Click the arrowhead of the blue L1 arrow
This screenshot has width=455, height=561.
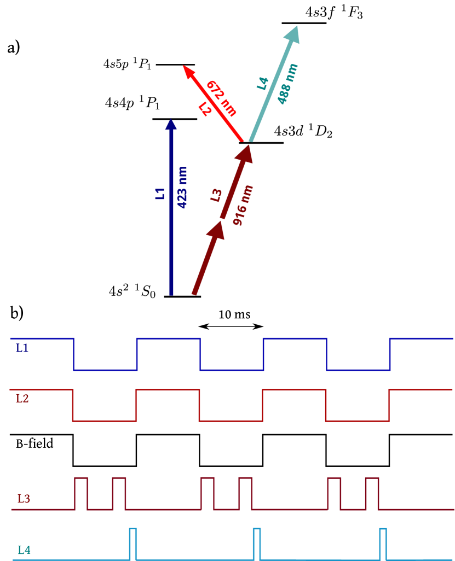[171, 125]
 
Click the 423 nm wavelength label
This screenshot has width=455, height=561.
[182, 188]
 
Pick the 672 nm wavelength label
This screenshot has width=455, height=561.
[222, 98]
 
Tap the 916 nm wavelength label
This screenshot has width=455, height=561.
[243, 205]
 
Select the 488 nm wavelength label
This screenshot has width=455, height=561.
[287, 84]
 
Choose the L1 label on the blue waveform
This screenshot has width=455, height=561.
[22, 348]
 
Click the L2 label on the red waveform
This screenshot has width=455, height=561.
[22, 399]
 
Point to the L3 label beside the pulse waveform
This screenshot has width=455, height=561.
[24, 499]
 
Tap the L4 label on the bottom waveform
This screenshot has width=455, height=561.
[24, 550]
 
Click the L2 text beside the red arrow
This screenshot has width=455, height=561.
[205, 109]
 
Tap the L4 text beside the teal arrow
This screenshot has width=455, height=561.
[263, 83]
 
